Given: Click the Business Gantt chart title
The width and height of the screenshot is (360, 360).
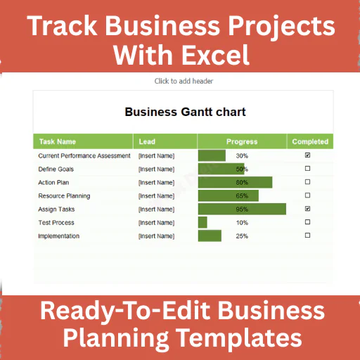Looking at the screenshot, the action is pos(185,112).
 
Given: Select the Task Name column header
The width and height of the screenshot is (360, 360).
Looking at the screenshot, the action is pos(58,141).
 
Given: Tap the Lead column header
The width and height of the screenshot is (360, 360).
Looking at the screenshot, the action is pos(147,141).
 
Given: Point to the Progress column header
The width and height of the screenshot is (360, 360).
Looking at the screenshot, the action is pos(242,141).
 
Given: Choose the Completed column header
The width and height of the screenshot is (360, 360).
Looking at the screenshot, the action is pos(310,141).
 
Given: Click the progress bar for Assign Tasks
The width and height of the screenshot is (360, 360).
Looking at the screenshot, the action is pos(242,209).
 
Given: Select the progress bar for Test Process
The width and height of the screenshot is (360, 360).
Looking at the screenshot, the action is pos(202,222).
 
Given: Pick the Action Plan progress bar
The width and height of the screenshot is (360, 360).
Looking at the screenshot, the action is pos(236,182).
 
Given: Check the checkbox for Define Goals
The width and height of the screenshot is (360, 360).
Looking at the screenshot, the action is pos(307,169).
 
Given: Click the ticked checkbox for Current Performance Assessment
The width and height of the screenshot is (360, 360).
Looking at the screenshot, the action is pos(307,155).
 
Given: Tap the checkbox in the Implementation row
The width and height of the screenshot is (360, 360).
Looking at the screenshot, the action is pos(307,236).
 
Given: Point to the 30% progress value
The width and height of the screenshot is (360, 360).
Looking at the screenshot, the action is pos(242,156).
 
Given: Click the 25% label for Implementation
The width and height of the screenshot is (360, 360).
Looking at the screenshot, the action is pos(242,236).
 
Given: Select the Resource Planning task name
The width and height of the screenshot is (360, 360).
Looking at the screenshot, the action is pos(64,196).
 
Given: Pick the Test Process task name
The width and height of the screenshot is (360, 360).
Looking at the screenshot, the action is pos(56,223).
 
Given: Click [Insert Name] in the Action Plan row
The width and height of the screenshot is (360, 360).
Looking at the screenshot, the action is pos(156,183).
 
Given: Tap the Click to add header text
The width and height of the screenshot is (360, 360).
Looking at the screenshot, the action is pos(184,81).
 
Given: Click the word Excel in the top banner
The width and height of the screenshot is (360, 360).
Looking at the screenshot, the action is pos(215,55).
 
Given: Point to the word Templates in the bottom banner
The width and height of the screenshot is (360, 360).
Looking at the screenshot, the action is pos(239,338).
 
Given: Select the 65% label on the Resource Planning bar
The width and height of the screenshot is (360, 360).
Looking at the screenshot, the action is pos(242,196).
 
